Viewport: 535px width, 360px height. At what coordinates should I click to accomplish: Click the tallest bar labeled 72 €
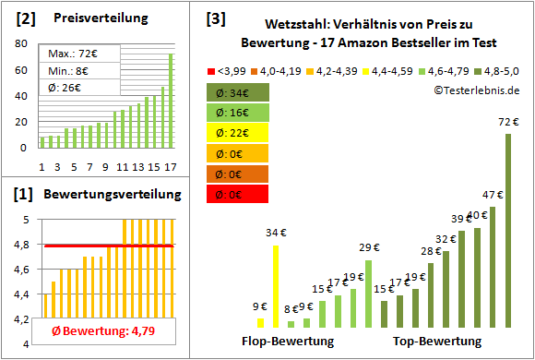pos(508,231)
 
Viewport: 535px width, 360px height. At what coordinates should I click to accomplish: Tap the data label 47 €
pos(493,195)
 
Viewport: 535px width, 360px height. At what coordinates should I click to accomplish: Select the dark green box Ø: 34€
pos(238,92)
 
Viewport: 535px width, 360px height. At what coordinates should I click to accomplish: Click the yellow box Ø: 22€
pos(238,133)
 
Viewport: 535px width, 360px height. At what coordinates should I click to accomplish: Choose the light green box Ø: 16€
pos(238,113)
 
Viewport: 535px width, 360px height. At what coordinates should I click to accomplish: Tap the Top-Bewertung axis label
pos(437,341)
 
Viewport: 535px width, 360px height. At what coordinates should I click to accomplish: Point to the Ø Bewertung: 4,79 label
pos(102,330)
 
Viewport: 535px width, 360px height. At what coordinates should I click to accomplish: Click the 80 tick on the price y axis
pos(20,42)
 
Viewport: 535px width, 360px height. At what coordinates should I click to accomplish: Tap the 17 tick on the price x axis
pos(169,166)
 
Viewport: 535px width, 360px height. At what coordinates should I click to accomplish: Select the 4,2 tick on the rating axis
pos(24,318)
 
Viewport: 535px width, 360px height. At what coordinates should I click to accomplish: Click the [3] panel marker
pos(214,18)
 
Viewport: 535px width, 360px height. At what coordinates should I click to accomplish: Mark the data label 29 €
pos(369,247)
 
